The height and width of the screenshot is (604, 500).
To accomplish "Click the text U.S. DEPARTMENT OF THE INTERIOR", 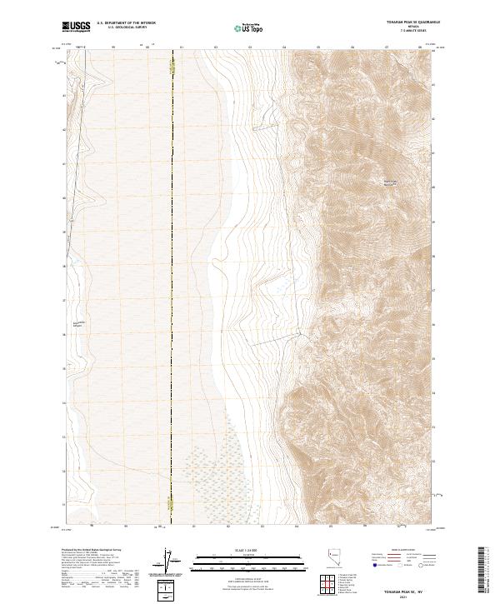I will (127, 23).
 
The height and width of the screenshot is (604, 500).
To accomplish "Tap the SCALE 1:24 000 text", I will (249, 549).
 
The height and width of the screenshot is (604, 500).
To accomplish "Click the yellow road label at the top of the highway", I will (172, 73).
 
